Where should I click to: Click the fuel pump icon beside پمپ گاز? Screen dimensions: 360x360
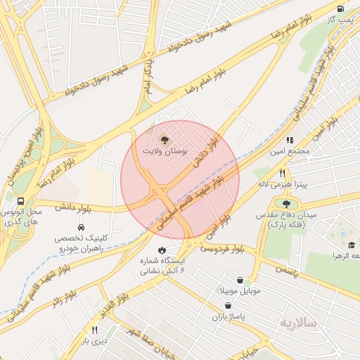point(341,9)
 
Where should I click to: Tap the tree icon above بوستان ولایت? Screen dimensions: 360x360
point(165,140)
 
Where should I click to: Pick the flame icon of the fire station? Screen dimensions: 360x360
point(162,250)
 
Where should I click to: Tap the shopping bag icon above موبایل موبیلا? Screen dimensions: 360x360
point(240,280)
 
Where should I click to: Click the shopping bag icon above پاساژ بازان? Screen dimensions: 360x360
point(228,306)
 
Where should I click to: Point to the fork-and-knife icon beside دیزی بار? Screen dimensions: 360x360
point(94,330)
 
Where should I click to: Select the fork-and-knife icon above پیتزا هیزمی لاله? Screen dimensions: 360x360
point(282,173)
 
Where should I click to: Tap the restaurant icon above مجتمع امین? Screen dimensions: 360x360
point(290,141)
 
